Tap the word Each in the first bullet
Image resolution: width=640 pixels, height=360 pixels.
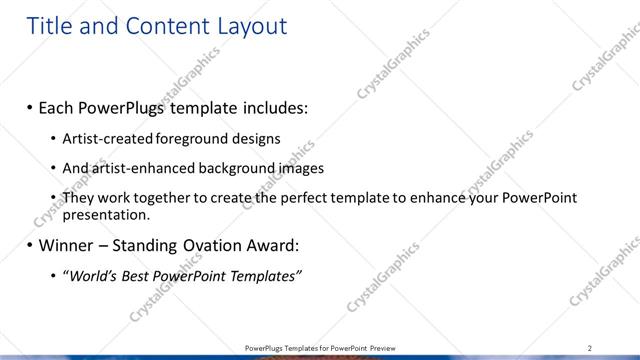tap(60, 107)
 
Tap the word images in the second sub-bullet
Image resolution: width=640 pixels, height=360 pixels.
tap(299, 168)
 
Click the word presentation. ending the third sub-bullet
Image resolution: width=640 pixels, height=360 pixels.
tap(106, 214)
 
